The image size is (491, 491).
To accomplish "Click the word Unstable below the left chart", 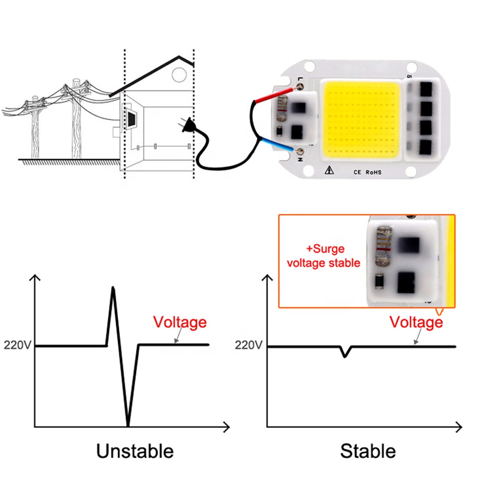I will coord(135,451).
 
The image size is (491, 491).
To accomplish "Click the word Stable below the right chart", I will coord(368,451).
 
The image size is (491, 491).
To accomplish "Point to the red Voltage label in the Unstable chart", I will coord(180,323).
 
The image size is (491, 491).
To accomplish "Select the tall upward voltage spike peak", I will coord(113,288).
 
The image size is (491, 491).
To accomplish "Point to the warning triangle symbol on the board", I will coord(328,171).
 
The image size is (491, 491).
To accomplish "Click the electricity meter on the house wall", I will coord(132,119).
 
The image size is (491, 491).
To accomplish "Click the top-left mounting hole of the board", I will coord(309,64).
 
